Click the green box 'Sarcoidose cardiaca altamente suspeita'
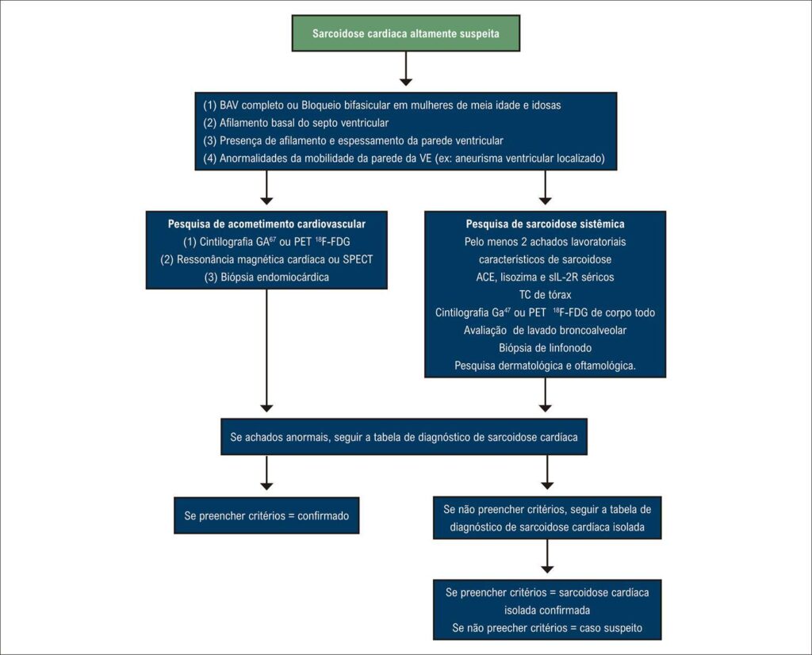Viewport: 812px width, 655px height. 406,33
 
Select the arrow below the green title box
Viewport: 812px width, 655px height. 406,68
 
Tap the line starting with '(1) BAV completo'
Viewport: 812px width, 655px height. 382,105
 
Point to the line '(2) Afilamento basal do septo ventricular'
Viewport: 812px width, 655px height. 296,123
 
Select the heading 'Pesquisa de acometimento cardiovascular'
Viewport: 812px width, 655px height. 266,224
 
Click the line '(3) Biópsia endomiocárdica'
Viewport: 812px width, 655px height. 266,277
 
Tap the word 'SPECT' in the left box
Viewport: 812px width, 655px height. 358,259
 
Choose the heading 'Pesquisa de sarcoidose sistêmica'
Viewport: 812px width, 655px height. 546,224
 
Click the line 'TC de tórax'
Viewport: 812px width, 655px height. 546,295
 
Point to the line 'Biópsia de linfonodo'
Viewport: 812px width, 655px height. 546,348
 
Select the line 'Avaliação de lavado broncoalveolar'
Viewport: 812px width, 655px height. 546,331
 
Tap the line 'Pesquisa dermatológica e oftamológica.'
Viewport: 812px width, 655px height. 546,366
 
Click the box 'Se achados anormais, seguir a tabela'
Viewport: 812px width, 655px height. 404,437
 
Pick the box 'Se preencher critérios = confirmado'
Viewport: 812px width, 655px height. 266,515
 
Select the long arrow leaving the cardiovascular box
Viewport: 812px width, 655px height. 266,350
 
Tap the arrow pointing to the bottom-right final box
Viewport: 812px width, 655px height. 547,556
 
